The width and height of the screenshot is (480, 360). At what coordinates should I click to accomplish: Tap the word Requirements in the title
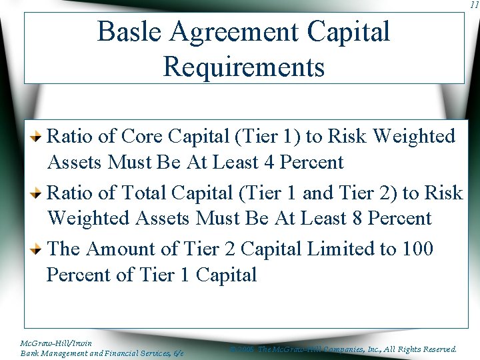click(243, 67)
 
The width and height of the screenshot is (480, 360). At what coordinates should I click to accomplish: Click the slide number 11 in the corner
click(473, 5)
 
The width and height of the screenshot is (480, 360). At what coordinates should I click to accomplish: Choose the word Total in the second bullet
click(145, 193)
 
